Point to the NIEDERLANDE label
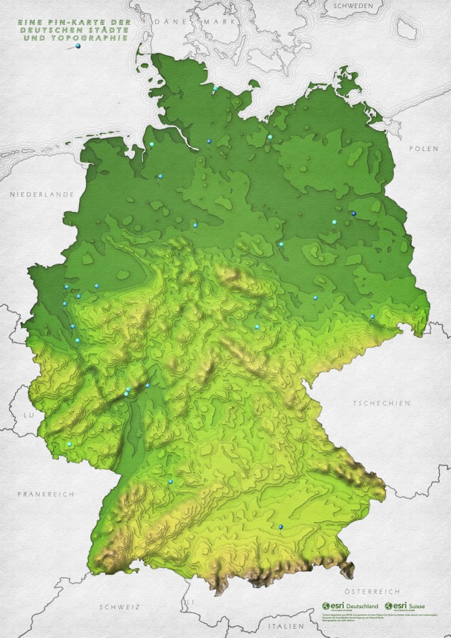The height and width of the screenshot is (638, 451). tap(42, 195)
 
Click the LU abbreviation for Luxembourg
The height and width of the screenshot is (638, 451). tap(27, 414)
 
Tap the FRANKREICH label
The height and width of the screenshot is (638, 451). tap(45, 494)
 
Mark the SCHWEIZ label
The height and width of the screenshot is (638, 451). tap(120, 606)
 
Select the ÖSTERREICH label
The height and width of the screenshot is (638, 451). tap(371, 591)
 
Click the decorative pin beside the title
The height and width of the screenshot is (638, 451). tap(77, 46)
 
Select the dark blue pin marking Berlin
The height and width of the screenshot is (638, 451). tap(354, 213)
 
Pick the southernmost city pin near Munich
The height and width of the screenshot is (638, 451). tap(281, 527)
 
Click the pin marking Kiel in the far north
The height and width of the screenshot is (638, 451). tap(215, 87)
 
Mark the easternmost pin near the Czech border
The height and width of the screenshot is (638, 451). tap(373, 316)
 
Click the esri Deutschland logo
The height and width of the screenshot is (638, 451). tap(349, 606)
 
